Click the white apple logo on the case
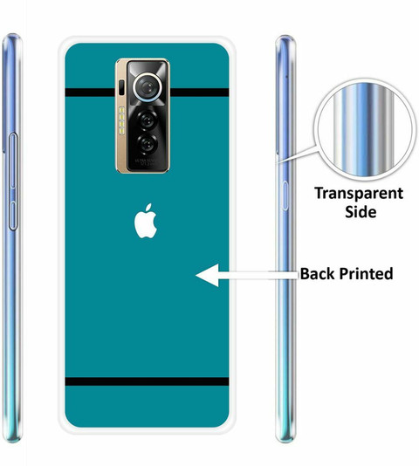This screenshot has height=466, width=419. (146, 221)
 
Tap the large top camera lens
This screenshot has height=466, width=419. (148, 86)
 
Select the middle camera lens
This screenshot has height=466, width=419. (147, 120)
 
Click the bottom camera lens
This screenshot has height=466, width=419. (147, 144)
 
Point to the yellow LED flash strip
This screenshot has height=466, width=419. (121, 120)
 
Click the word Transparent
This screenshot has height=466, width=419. (359, 193)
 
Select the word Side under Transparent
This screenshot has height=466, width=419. (361, 212)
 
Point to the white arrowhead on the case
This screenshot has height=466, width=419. (207, 275)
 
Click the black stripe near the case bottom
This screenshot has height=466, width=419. (147, 381)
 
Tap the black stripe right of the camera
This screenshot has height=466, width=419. (199, 93)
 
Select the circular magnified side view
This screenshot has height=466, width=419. (365, 130)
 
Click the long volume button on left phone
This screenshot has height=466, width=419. (13, 161)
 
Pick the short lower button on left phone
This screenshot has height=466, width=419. (13, 216)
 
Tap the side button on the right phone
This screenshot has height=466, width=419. (285, 195)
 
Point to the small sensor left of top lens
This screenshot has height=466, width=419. (121, 87)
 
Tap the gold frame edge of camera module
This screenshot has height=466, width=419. (121, 116)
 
